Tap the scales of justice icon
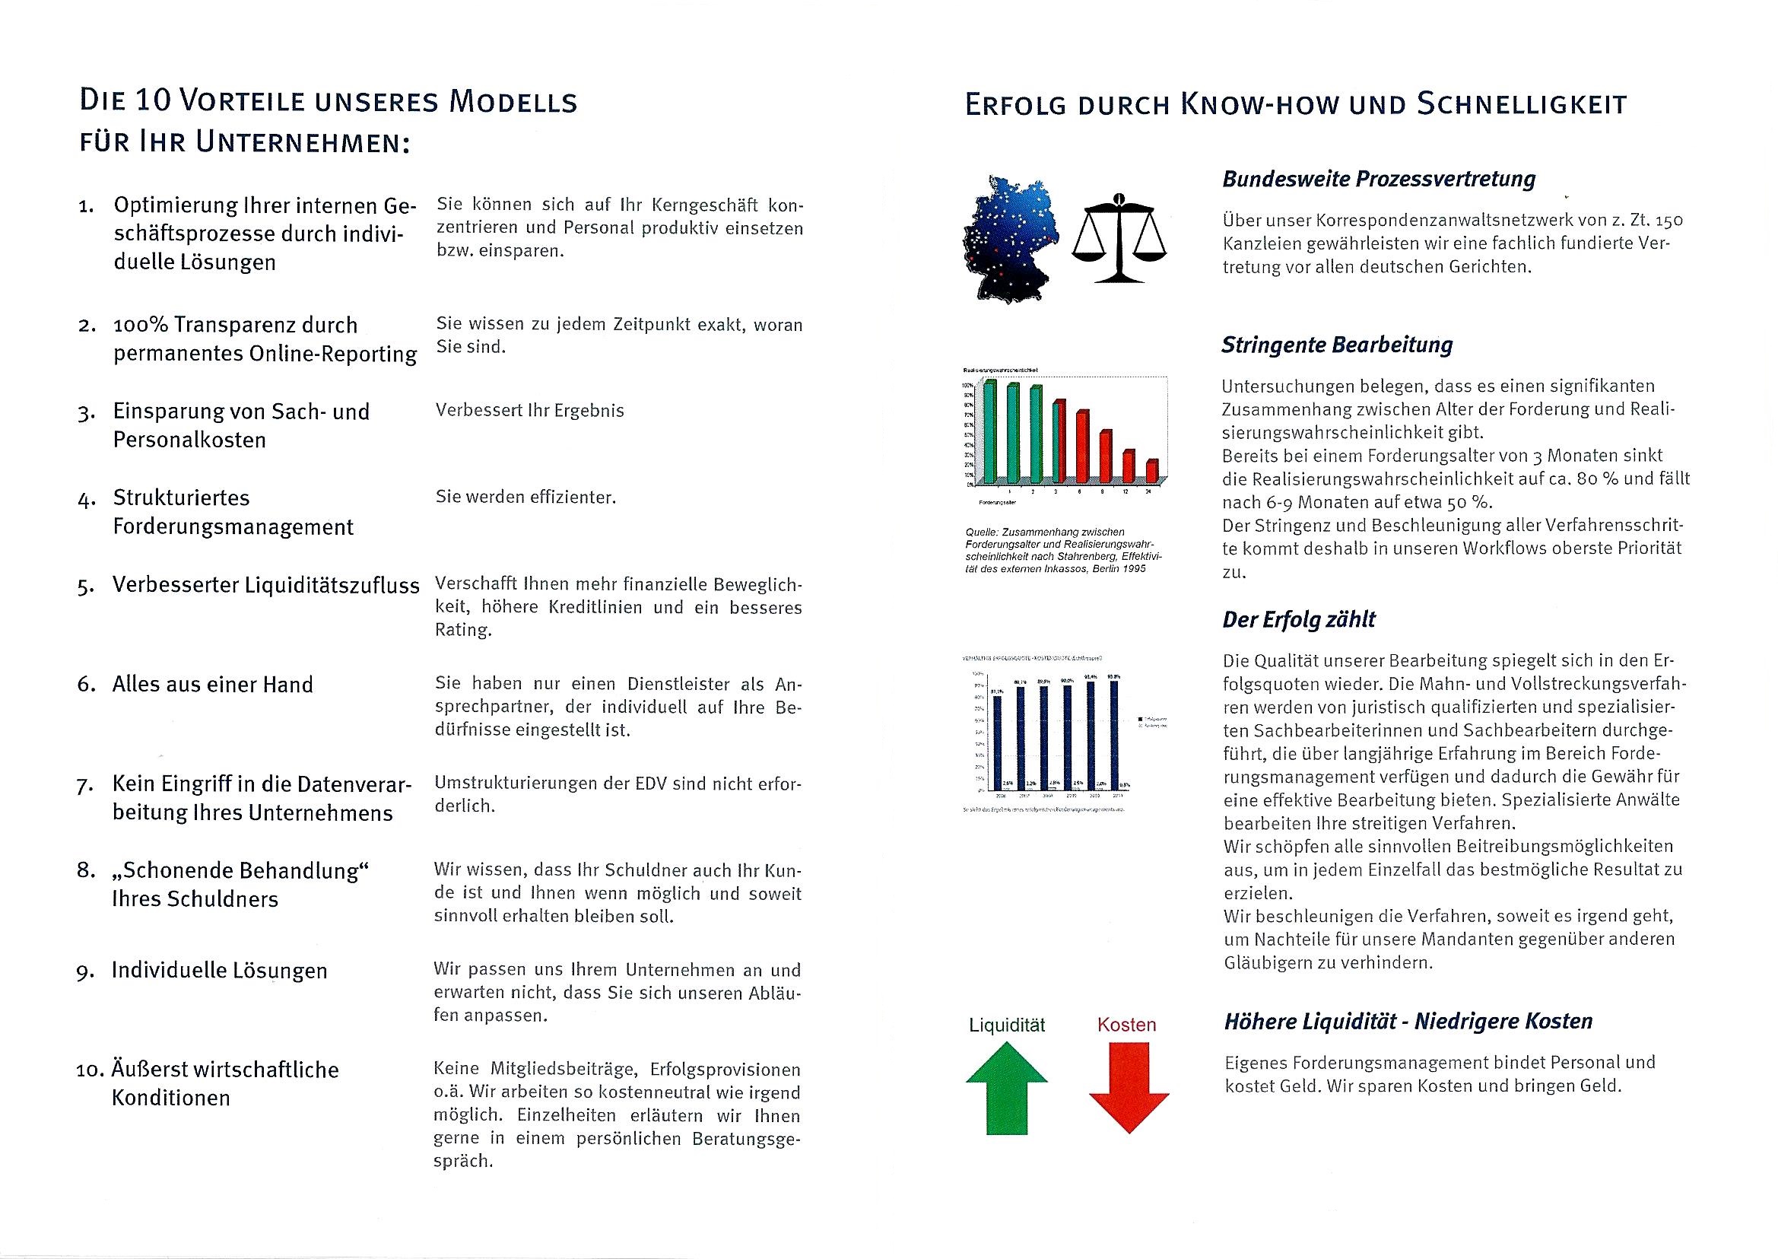click(1119, 238)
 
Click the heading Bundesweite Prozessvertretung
click(1379, 179)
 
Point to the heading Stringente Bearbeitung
click(1337, 345)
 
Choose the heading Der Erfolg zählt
click(1299, 619)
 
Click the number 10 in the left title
click(148, 103)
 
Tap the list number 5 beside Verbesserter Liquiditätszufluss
click(85, 587)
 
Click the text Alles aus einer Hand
click(213, 685)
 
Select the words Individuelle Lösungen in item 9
click(219, 971)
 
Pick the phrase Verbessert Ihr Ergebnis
click(529, 411)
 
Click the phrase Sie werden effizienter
click(525, 498)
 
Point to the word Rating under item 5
click(462, 631)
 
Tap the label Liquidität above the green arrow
click(1007, 1025)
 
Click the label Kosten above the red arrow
click(1126, 1025)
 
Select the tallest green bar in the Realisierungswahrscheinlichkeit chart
click(989, 431)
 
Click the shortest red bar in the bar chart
click(1152, 471)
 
